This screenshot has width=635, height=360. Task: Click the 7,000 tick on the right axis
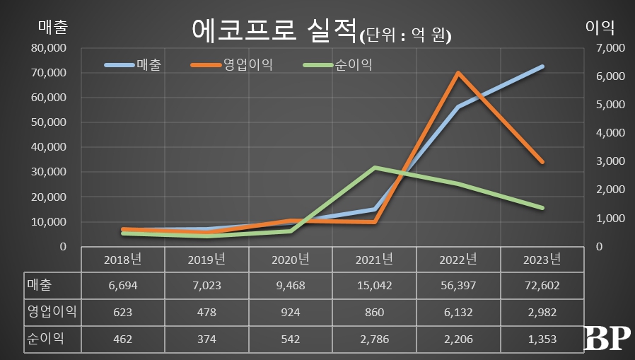pyautogui.click(x=607, y=48)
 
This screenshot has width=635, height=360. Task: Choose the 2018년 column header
pyautogui.click(x=123, y=259)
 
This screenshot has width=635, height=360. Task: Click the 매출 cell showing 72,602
pyautogui.click(x=542, y=286)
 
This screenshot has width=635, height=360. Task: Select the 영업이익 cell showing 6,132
pyautogui.click(x=458, y=312)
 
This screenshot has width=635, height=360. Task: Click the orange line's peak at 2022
pyautogui.click(x=458, y=73)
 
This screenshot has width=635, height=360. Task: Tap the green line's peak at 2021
pyautogui.click(x=375, y=168)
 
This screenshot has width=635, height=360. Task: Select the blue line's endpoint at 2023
pyautogui.click(x=542, y=66)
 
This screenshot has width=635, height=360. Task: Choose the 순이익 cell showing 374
pyautogui.click(x=206, y=339)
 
